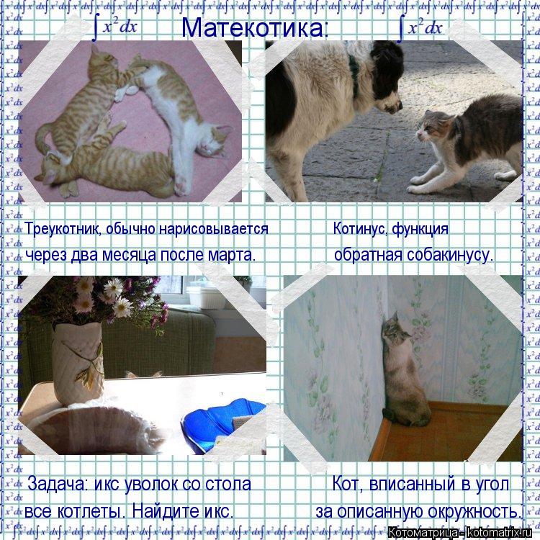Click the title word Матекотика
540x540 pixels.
[253, 27]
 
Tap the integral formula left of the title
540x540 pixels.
[115, 27]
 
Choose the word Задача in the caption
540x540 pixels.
[56, 484]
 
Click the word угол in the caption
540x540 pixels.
[492, 485]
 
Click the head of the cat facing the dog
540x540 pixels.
[433, 127]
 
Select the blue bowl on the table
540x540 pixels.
[224, 426]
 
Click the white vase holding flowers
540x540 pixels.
[78, 364]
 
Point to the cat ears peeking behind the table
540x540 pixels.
[143, 374]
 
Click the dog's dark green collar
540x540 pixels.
[354, 75]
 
